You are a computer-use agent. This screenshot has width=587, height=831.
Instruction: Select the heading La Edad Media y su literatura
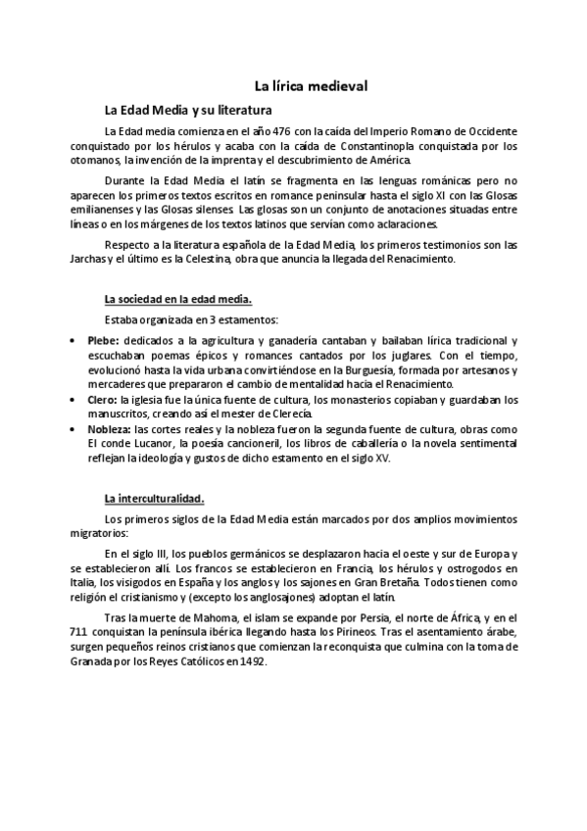coord(188,111)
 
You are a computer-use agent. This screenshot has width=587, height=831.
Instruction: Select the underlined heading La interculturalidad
coord(154,498)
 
